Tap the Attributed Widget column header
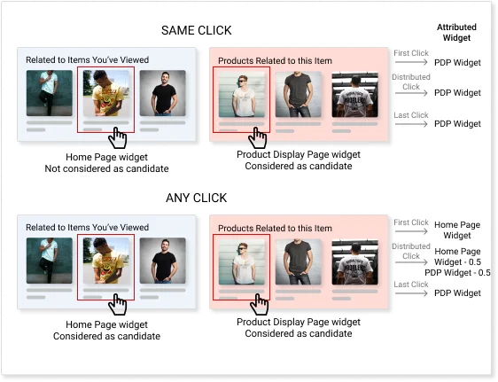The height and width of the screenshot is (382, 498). pos(456,33)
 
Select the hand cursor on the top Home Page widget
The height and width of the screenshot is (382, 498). pos(117,138)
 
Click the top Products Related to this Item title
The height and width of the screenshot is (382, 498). pos(275,60)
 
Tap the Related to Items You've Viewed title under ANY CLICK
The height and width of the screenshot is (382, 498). pos(87,228)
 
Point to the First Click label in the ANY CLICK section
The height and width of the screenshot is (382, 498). pos(411,222)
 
